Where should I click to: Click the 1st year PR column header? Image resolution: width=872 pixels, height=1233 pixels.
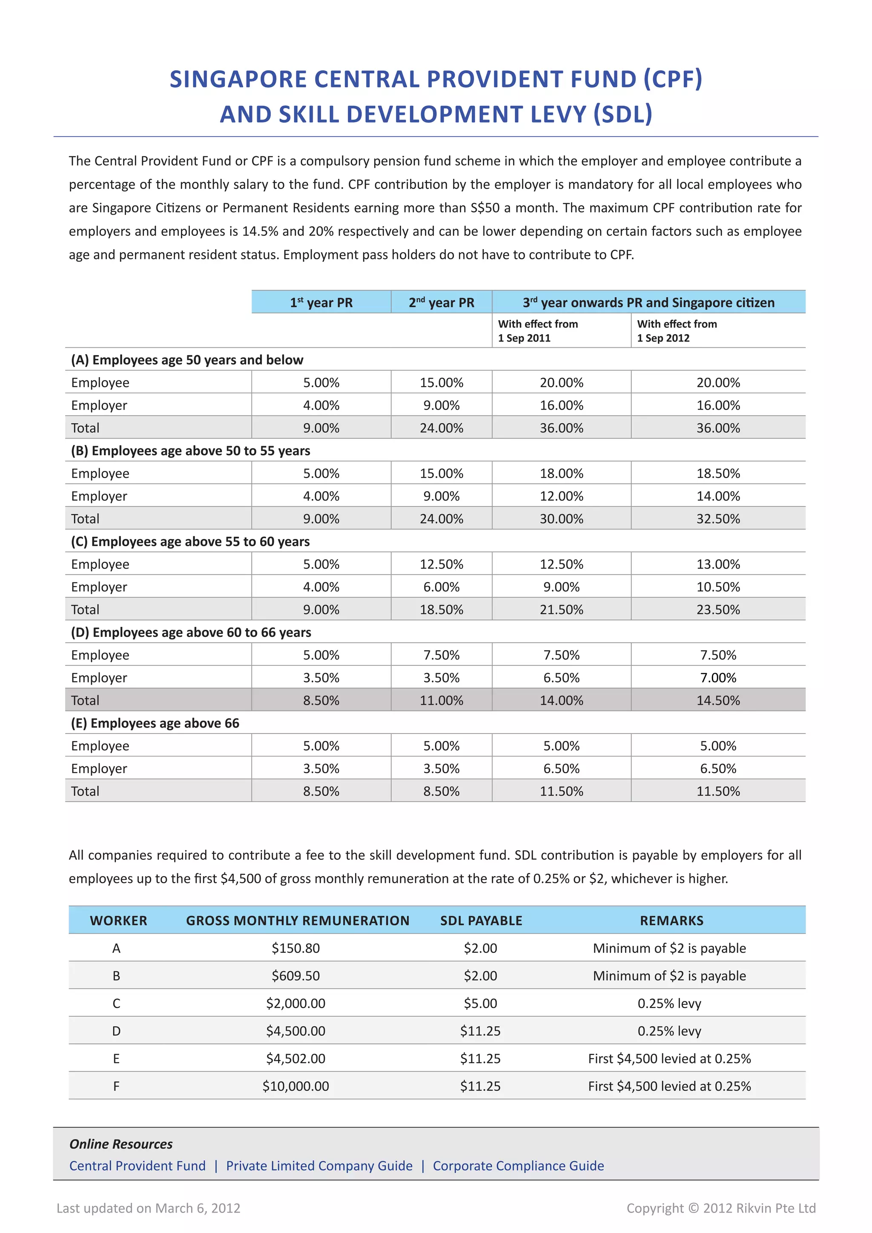tap(321, 302)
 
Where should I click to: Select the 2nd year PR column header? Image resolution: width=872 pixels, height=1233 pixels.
tap(442, 302)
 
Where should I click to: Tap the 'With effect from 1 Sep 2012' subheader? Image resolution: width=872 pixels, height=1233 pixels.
tap(677, 331)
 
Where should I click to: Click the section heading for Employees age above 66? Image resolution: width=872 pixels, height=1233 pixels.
tap(155, 723)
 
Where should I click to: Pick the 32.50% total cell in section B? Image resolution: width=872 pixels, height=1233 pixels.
tap(718, 519)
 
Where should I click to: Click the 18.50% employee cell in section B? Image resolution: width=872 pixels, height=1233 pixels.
tap(718, 473)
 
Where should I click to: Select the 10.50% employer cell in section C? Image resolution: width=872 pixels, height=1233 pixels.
tap(718, 587)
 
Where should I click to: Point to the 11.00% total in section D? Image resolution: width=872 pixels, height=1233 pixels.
tap(442, 700)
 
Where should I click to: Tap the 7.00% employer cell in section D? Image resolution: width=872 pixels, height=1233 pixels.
tap(718, 678)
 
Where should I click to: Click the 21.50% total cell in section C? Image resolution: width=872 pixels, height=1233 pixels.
tap(561, 610)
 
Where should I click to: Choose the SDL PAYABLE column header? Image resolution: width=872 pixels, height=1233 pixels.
tap(481, 920)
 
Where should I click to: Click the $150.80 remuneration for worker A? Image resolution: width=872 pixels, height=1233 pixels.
tap(295, 948)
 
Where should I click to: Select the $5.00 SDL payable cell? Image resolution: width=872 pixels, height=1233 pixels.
tap(481, 1003)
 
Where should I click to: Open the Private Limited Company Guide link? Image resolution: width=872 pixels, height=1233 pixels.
tap(319, 1166)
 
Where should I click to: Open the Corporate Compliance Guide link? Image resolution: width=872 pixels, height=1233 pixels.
tap(518, 1166)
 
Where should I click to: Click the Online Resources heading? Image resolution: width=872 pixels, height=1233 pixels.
tap(121, 1144)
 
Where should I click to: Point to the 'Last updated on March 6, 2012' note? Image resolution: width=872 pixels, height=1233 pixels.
tap(149, 1208)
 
